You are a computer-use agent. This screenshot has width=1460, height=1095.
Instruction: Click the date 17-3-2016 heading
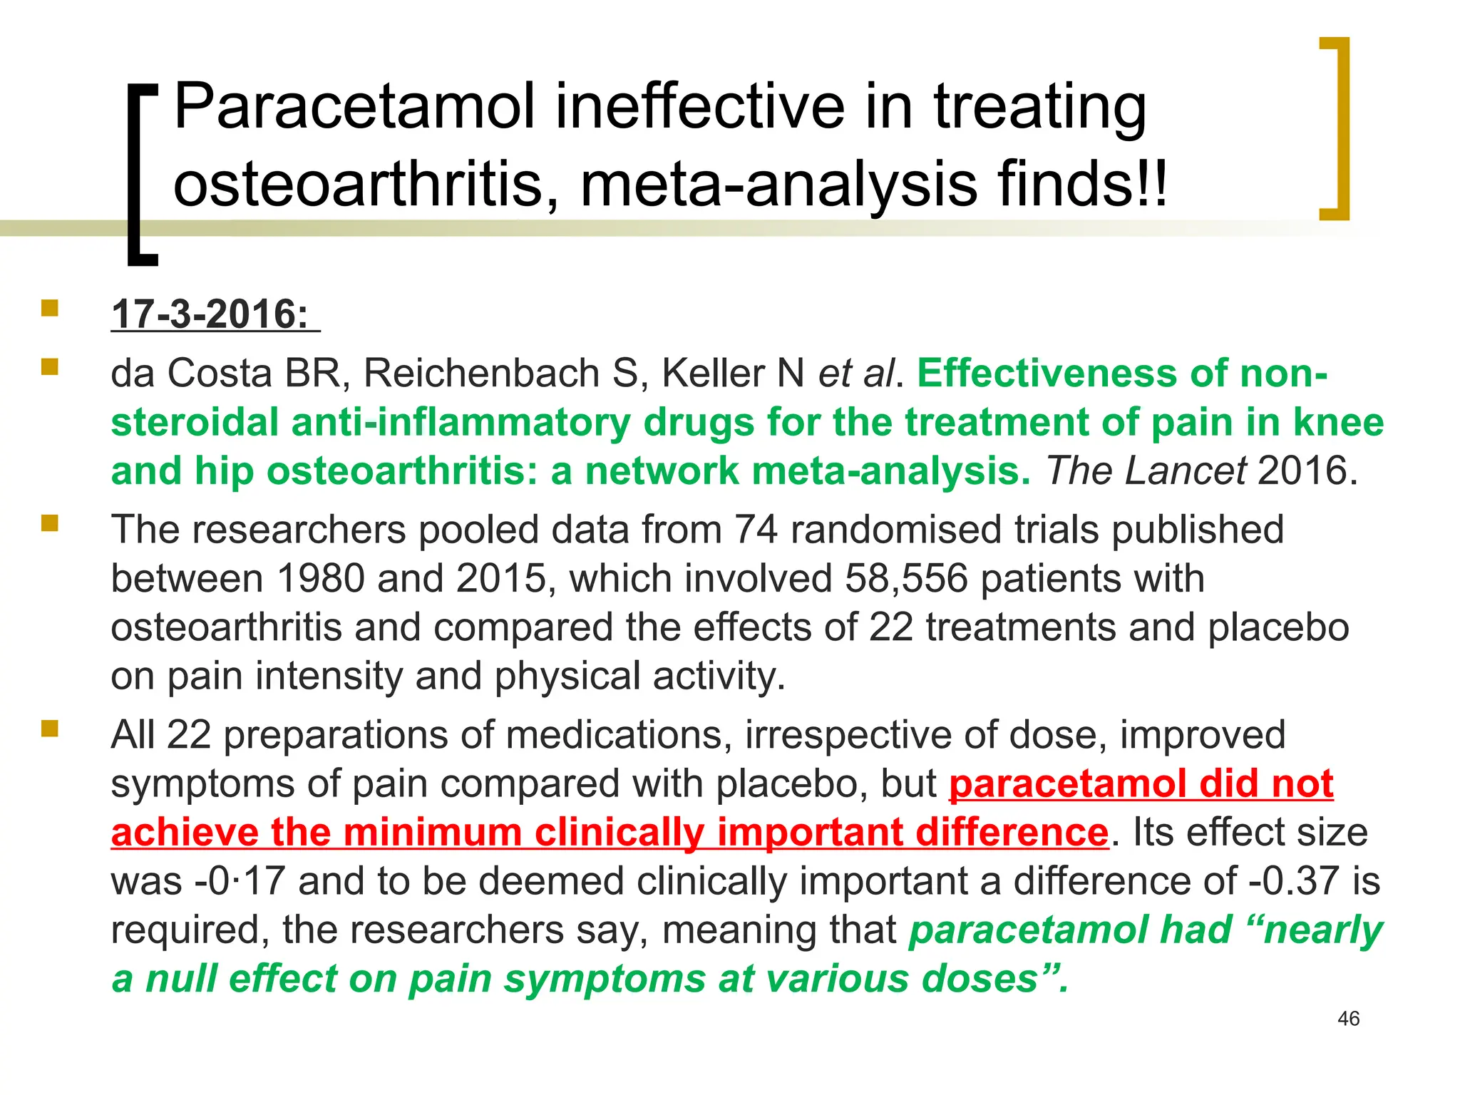(210, 314)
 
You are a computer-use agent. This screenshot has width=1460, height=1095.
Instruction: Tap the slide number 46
(1348, 1019)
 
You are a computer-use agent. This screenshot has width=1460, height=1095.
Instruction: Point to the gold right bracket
(1335, 128)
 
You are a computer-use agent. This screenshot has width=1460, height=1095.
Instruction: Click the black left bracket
(142, 175)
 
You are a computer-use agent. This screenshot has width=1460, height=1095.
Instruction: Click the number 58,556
(906, 578)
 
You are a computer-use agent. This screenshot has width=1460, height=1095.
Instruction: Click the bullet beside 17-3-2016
(49, 308)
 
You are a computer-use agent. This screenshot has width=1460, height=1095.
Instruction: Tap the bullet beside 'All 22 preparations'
(49, 729)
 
